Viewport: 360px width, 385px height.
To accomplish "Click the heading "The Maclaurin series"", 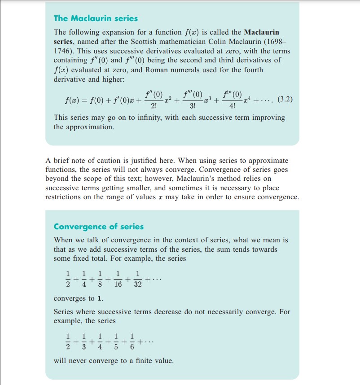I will [95, 18].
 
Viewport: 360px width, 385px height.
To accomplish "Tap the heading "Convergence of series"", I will [99, 227].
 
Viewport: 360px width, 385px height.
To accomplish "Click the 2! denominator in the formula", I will [154, 106].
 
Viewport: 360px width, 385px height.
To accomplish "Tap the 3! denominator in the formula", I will [193, 106].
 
